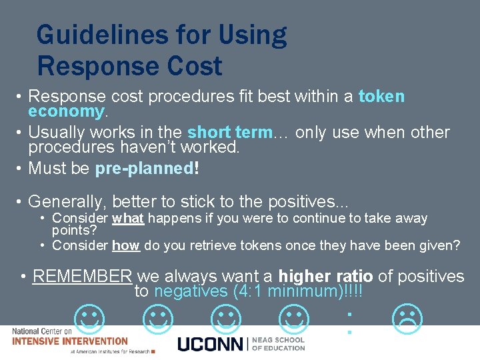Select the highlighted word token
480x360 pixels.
tap(381, 97)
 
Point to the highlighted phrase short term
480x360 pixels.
tap(231, 133)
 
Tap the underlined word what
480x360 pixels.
tap(128, 218)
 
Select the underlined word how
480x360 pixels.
tap(125, 245)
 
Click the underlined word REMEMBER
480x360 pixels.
tap(83, 276)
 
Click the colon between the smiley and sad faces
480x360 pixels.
tap(349, 321)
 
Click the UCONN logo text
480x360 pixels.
tap(211, 344)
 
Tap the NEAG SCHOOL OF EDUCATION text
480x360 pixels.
tap(279, 344)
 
